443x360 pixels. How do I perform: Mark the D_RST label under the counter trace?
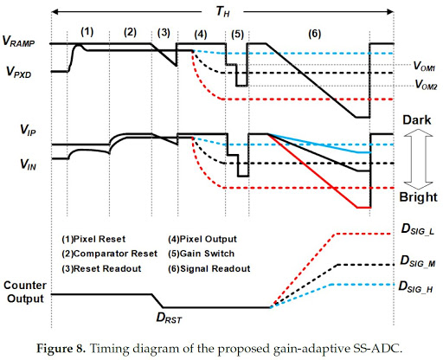pos(167,318)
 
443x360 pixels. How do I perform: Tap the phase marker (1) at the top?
pos(87,31)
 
